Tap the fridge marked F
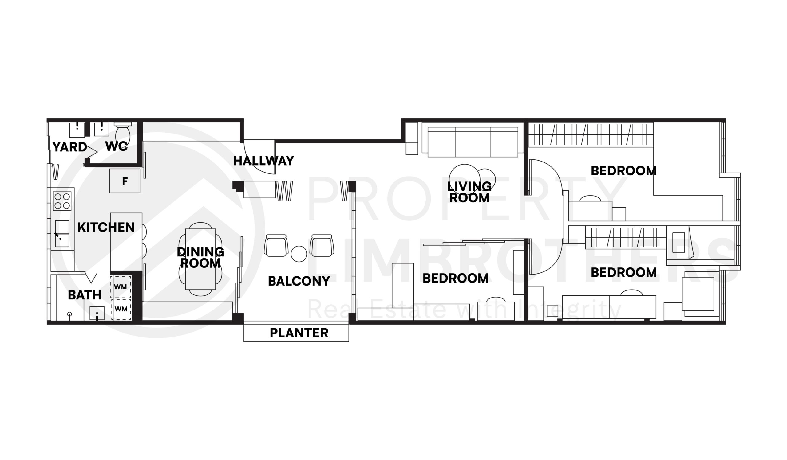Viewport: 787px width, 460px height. (x=125, y=181)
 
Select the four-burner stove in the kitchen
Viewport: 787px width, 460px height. (x=62, y=201)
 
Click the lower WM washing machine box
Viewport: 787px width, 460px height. (x=121, y=309)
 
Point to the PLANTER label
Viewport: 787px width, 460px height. (x=299, y=333)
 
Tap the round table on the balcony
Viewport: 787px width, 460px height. (x=299, y=254)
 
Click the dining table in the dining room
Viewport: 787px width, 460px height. (x=200, y=259)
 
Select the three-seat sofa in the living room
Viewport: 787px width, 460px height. (x=473, y=142)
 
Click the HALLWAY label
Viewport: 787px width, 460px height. (x=263, y=161)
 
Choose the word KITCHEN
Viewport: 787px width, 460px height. (x=106, y=228)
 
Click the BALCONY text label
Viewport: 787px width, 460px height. (x=299, y=281)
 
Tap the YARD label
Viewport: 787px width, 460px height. (x=70, y=147)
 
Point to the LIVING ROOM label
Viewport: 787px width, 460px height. (x=469, y=192)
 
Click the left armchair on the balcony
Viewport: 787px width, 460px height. (x=276, y=246)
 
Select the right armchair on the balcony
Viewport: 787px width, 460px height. (x=322, y=246)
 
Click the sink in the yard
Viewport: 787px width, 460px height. (x=77, y=130)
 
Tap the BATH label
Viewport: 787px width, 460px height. (x=84, y=295)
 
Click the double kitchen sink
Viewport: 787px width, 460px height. (x=62, y=234)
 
